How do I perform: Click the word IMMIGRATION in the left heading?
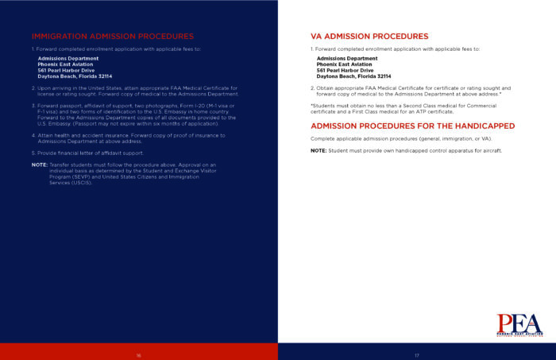[x=61, y=37]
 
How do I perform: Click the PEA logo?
[x=519, y=323]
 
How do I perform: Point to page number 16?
[x=138, y=354]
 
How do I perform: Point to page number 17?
[x=416, y=354]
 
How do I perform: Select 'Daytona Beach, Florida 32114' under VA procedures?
[x=353, y=76]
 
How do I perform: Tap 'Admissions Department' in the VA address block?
[x=347, y=58]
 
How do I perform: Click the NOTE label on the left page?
[x=39, y=165]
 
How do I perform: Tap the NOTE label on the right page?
[x=318, y=151]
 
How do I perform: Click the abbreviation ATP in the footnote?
[x=421, y=112]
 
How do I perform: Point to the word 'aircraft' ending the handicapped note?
[x=489, y=151]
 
